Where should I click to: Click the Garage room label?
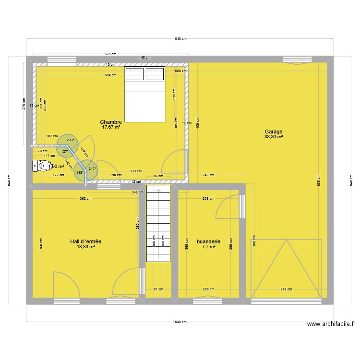click(273, 132)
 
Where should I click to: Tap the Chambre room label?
click(110, 122)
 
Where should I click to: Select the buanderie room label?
click(208, 241)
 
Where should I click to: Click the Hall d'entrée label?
click(85, 241)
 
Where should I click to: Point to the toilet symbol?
click(37, 166)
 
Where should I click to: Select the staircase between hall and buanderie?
click(158, 224)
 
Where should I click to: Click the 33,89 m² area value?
click(273, 137)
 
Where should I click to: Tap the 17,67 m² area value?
click(110, 127)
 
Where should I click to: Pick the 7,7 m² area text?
click(208, 247)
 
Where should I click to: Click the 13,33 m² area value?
click(85, 247)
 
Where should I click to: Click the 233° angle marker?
click(70, 140)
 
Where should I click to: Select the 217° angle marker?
click(92, 168)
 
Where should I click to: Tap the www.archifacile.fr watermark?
click(331, 324)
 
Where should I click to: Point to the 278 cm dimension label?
click(286, 289)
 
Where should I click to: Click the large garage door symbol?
click(286, 269)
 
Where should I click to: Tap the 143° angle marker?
click(80, 173)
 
